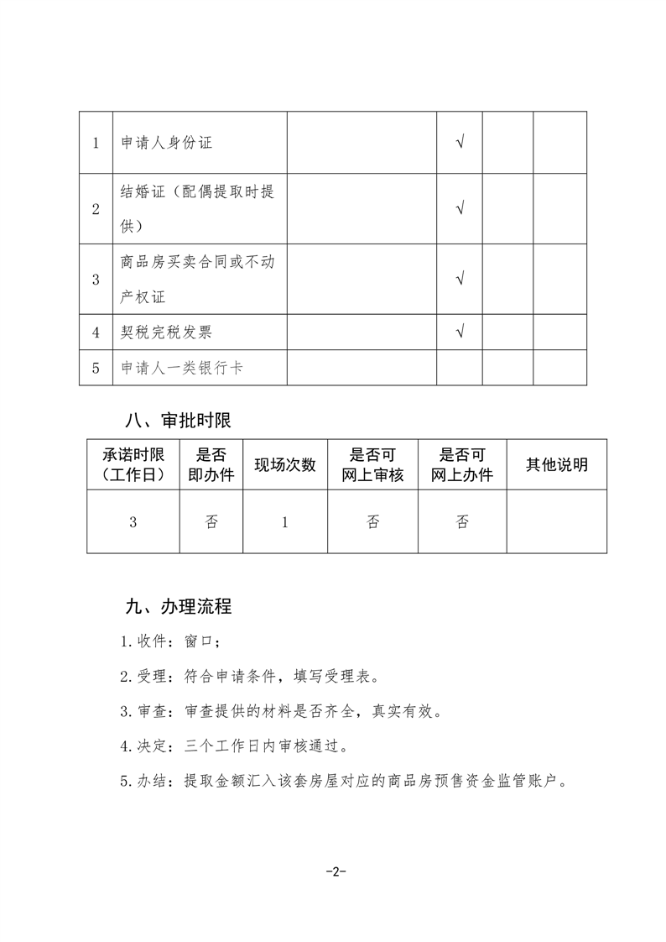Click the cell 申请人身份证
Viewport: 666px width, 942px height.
point(166,143)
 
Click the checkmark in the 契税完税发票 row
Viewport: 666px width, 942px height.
point(460,331)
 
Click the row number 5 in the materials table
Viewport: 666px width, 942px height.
point(96,368)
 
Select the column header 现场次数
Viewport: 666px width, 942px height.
point(285,464)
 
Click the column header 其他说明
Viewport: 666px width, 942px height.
point(556,464)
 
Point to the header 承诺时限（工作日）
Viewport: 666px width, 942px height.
point(133,464)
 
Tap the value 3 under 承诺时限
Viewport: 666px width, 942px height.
point(133,522)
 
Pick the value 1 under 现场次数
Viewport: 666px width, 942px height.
point(285,522)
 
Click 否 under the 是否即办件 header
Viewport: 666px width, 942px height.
point(211,522)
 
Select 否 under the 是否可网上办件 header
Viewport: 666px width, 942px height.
point(462,522)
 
